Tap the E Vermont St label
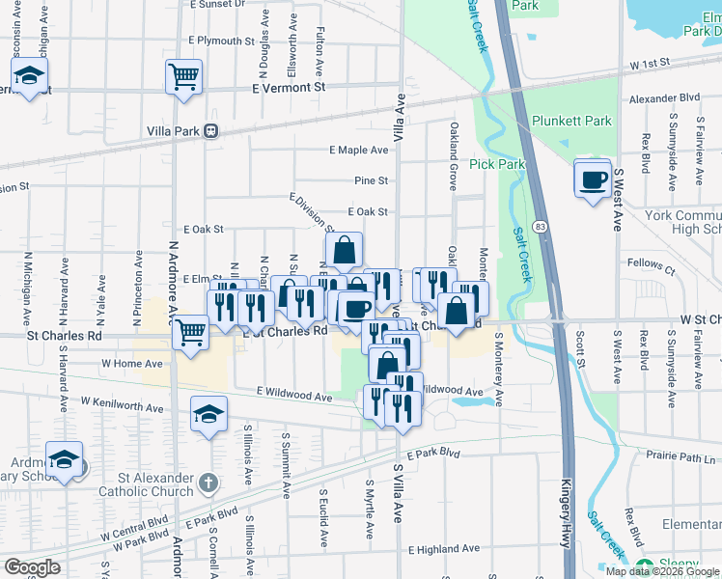tap(290, 87)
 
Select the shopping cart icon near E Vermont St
tap(183, 76)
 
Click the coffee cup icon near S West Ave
tap(593, 179)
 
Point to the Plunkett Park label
tap(571, 122)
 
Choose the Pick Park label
tap(497, 164)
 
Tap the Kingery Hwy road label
tap(567, 521)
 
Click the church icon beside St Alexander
tap(208, 481)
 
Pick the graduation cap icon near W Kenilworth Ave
tap(208, 415)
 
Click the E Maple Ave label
tap(358, 151)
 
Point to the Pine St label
tap(371, 180)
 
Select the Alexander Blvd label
tap(663, 98)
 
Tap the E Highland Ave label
tap(443, 549)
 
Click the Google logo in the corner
tap(32, 567)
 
